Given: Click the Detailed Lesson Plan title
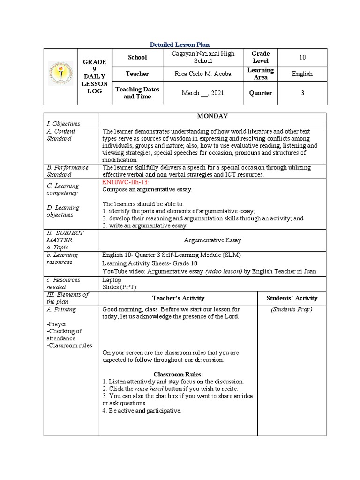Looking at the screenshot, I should click(180, 45).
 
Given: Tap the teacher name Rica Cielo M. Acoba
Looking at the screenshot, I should click(203, 74).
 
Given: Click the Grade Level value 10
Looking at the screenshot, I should click(302, 57).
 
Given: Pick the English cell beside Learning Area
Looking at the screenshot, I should click(302, 74).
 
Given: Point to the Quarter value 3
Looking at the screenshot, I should click(302, 93).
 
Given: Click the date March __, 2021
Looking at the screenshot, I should click(203, 93).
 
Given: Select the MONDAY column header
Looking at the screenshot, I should click(212, 116).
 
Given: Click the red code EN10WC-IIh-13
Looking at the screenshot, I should click(125, 182).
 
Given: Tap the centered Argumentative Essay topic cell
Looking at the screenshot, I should click(212, 240).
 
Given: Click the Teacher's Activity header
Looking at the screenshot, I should click(178, 298).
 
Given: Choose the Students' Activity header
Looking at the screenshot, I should click(292, 298).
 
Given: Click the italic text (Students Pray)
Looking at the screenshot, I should click(292, 309).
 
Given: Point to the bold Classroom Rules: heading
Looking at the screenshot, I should click(178, 374).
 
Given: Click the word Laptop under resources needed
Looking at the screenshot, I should click(112, 280).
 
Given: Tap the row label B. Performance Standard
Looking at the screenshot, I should click(67, 171).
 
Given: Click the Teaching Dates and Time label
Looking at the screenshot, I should click(137, 93).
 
